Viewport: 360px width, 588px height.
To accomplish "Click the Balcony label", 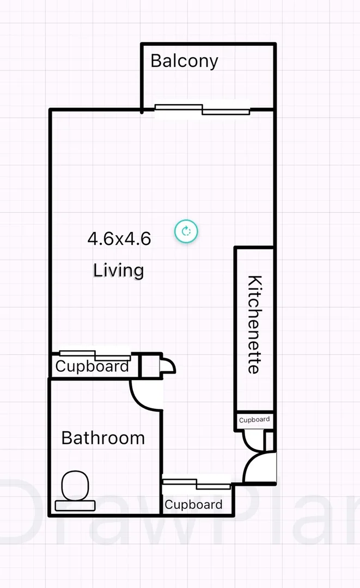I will (x=184, y=61).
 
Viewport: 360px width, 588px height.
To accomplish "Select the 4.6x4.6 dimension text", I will (x=119, y=238).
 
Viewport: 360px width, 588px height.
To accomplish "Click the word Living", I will (x=118, y=270).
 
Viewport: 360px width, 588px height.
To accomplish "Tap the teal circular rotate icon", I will (x=186, y=231).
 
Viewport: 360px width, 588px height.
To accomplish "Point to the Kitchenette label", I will (x=254, y=324).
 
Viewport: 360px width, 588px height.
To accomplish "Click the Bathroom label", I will (x=103, y=438).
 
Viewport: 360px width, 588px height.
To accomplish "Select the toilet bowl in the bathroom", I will (x=75, y=486).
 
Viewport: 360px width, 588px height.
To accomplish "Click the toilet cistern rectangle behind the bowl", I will (x=75, y=505).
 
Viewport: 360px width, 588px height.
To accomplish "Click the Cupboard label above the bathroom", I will (x=92, y=366).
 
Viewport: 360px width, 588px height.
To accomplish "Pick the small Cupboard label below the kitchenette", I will (x=254, y=420).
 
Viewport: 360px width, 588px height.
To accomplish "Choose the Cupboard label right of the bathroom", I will (x=193, y=505).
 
